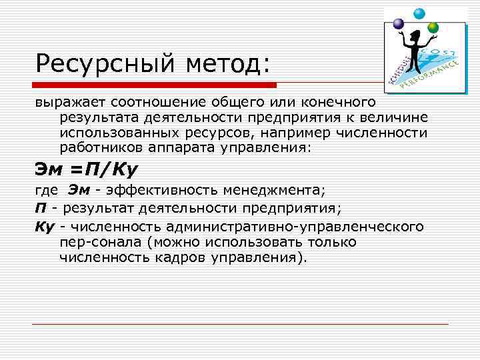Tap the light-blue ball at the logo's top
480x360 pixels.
[419, 13]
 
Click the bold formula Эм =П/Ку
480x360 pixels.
[87, 169]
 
